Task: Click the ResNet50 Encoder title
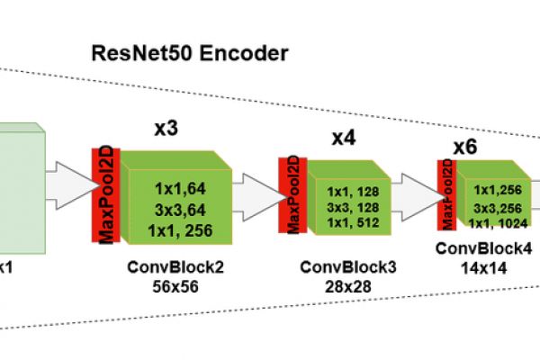click(190, 53)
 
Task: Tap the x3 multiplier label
click(166, 129)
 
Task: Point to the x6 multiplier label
click(464, 147)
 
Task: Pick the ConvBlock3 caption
click(347, 267)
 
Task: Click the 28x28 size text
click(347, 285)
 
